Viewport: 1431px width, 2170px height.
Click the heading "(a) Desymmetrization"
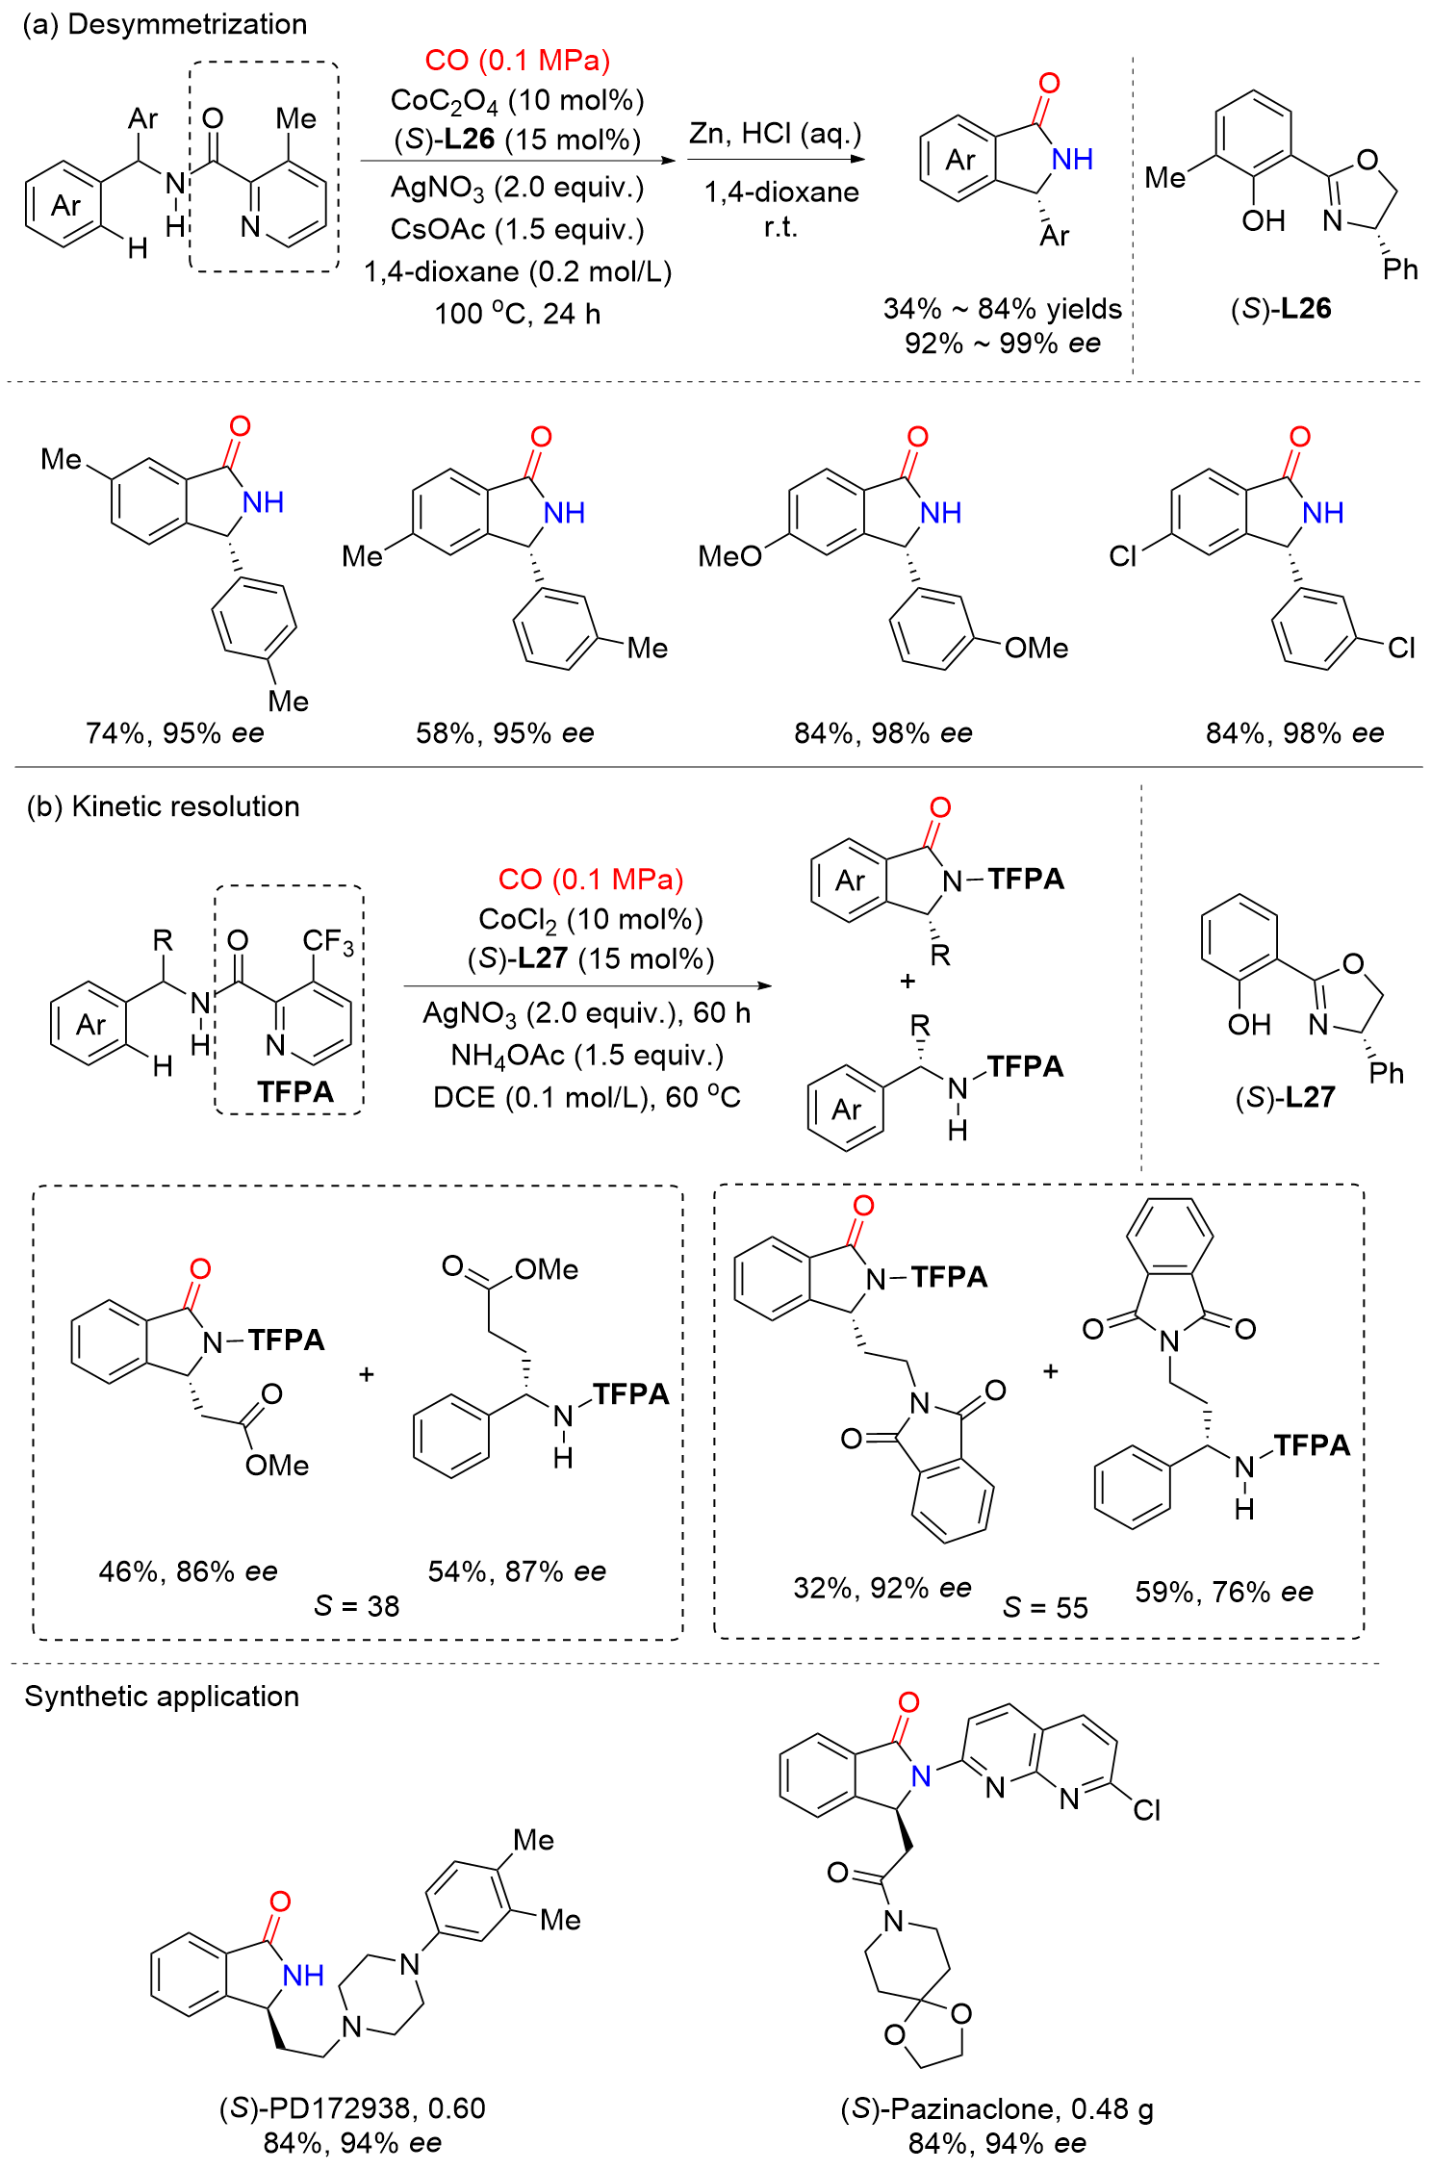click(165, 24)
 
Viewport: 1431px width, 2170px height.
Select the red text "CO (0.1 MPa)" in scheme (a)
click(517, 61)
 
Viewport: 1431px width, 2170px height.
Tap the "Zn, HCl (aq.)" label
click(775, 134)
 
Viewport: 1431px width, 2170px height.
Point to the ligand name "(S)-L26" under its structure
click(1280, 309)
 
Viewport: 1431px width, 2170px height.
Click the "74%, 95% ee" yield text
click(174, 733)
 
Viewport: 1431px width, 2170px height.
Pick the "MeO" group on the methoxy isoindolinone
click(729, 555)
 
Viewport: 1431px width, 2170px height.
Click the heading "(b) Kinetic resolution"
click(163, 806)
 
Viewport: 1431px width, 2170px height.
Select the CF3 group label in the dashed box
click(328, 941)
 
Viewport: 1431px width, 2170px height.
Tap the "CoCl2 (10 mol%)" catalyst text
click(591, 920)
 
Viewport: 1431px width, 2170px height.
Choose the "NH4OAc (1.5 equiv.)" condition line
click(587, 1056)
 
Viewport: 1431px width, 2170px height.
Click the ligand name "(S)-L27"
click(1285, 1097)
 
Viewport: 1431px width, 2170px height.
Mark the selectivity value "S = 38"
click(356, 1605)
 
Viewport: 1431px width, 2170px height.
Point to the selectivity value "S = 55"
click(1045, 1607)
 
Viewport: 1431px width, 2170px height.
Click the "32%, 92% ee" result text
click(882, 1588)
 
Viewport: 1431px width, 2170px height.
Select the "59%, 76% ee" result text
click(1223, 1592)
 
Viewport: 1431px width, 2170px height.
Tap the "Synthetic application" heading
click(162, 1697)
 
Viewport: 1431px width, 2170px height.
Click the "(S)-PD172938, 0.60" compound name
click(352, 2108)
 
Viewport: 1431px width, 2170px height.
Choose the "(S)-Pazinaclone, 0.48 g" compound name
click(997, 2109)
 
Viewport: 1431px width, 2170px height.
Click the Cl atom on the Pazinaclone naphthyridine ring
click(1146, 1810)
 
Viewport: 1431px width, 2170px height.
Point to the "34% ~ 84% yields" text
click(1002, 309)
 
